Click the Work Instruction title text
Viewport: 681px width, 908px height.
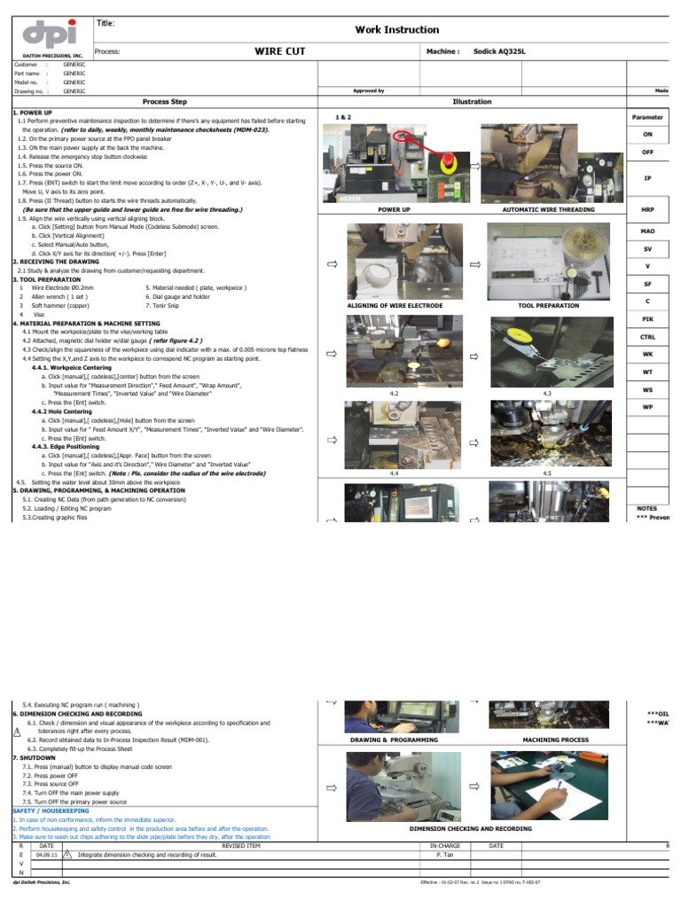coord(397,29)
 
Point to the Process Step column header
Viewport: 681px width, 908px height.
coord(164,102)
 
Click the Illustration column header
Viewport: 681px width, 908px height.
coord(472,102)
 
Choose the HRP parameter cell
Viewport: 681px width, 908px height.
coord(647,209)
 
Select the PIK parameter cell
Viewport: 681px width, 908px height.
coord(647,317)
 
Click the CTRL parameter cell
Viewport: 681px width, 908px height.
coord(647,337)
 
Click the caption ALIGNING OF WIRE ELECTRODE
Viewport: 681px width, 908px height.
coord(394,305)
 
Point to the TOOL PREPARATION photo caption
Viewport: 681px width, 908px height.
coord(548,305)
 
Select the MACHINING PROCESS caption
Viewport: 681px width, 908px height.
coord(555,739)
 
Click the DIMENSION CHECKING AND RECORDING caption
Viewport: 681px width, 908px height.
coord(471,828)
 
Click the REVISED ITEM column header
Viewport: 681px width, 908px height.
coord(240,845)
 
